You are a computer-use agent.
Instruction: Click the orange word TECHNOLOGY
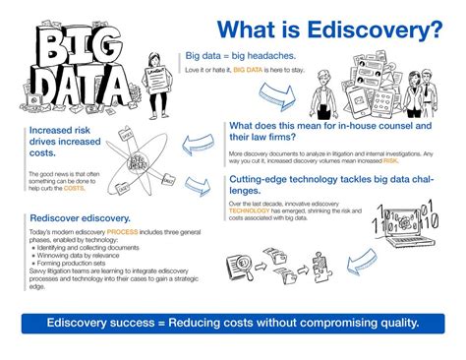point(253,210)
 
